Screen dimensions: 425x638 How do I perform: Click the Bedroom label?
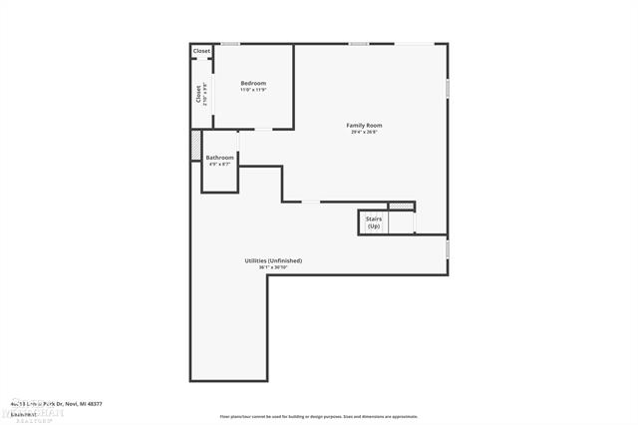tap(253, 83)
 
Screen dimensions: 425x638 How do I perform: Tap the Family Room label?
tap(364, 126)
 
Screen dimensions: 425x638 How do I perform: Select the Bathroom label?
tap(219, 158)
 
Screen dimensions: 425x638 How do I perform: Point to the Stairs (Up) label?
tap(374, 222)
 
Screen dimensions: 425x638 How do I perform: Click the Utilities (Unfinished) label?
tap(273, 260)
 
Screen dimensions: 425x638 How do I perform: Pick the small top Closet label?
tap(201, 51)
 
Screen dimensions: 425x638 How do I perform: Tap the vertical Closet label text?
tap(198, 93)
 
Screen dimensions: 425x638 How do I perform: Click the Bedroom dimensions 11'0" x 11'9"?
tap(253, 90)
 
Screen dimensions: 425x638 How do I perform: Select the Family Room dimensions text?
tap(364, 133)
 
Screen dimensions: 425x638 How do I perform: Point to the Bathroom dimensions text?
tap(219, 165)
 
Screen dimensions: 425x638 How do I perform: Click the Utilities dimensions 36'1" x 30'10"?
tap(273, 267)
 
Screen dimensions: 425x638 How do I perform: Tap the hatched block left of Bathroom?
tap(195, 146)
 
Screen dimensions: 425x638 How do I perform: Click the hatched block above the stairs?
tap(401, 206)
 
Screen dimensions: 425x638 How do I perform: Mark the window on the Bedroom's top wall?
tap(230, 43)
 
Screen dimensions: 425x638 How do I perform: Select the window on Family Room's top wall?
tap(359, 43)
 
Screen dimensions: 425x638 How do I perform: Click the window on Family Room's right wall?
tap(448, 88)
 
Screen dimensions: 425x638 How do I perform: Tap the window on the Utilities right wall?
tap(448, 248)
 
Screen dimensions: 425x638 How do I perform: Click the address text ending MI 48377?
tap(56, 404)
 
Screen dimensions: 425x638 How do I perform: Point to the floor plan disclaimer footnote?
tap(318, 417)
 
